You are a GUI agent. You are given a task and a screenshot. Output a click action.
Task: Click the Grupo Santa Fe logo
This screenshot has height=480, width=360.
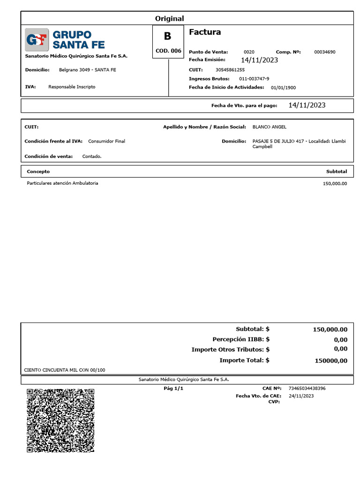[65, 40]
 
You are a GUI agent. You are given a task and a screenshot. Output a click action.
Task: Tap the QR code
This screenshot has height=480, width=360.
[60, 420]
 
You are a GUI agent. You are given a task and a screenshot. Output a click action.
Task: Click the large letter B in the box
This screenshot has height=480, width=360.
[167, 36]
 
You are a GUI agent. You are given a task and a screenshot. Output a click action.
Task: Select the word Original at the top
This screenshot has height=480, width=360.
[169, 18]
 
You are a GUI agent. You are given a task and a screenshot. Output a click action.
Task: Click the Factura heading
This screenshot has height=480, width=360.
[205, 32]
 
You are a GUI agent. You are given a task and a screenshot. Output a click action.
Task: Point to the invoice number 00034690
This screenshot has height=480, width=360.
[324, 52]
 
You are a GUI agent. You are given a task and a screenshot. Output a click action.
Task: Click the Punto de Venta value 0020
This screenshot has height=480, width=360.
[249, 52]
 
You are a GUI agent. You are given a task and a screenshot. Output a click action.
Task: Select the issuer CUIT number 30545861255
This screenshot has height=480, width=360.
[233, 70]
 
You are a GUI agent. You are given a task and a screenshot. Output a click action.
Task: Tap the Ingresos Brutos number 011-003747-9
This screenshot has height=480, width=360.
[254, 79]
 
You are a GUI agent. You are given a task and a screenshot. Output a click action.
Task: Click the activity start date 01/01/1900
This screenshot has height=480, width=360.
[283, 88]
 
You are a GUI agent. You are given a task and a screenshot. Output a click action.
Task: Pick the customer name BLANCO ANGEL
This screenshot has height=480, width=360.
[270, 127]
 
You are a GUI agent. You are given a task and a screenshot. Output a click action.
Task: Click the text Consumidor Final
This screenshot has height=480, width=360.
[106, 141]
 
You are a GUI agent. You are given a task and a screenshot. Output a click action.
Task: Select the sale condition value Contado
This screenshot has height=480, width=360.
[92, 157]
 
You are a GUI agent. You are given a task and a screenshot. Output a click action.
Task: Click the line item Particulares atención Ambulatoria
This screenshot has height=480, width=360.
[63, 183]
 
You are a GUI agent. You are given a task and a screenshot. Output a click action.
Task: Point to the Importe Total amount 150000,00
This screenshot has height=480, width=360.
[331, 360]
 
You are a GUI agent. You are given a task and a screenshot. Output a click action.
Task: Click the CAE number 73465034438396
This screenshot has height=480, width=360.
[307, 389]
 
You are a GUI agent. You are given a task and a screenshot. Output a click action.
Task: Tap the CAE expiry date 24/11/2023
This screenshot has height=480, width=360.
[301, 396]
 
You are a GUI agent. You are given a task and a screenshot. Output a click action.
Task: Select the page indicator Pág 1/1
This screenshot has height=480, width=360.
[173, 389]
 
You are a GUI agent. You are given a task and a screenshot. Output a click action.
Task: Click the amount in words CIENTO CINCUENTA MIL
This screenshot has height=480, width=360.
[65, 370]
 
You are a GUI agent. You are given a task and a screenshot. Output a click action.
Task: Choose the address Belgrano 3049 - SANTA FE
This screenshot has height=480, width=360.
[88, 70]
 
